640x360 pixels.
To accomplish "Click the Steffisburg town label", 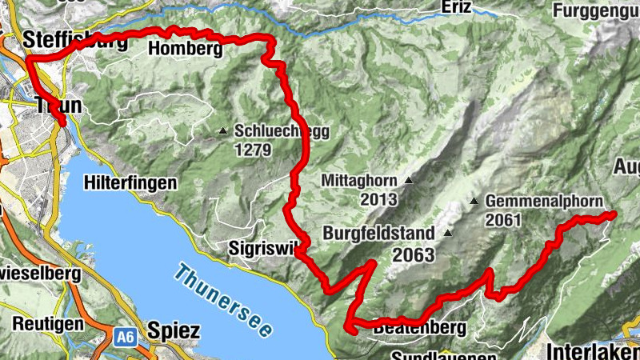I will (x=75, y=41).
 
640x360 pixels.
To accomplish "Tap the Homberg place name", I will (x=184, y=50).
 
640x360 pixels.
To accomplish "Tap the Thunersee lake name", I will (x=226, y=299).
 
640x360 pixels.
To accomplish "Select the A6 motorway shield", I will (x=124, y=339).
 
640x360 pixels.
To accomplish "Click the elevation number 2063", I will (x=413, y=255).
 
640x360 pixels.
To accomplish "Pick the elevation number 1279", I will (x=256, y=150).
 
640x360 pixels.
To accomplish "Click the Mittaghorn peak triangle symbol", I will (x=409, y=181).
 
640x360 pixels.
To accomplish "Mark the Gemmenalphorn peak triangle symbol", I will (x=474, y=201).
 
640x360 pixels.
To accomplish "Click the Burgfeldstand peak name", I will (x=379, y=234).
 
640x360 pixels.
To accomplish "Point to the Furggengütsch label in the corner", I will (x=595, y=12).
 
